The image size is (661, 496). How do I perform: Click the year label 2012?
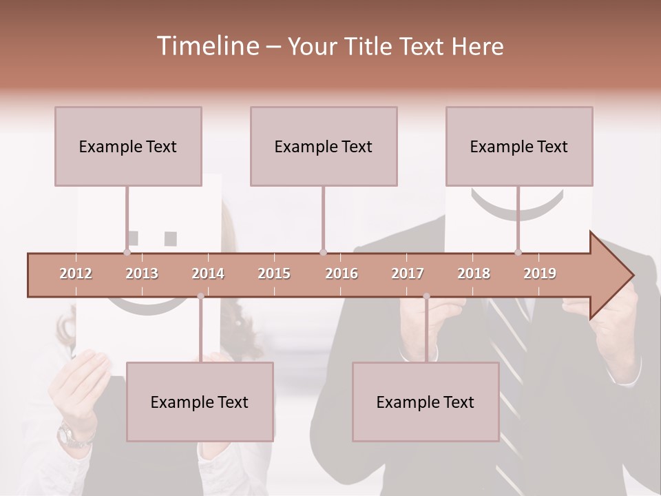(76, 273)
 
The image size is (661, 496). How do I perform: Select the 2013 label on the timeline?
(142, 273)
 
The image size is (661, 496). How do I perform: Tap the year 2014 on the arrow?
(208, 273)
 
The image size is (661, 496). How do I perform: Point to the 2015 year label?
(274, 273)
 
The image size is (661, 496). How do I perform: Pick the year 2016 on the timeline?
(342, 273)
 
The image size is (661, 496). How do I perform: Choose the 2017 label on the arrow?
(408, 273)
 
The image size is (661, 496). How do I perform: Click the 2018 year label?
(474, 273)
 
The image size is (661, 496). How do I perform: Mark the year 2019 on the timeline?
(540, 273)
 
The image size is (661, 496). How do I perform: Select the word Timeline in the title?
(207, 46)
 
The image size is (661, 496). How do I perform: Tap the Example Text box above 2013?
(128, 146)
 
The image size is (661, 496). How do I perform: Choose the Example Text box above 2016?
(324, 146)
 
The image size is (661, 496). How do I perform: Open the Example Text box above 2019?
(519, 146)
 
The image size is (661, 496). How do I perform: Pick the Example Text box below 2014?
(200, 402)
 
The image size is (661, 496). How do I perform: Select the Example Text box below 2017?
(426, 402)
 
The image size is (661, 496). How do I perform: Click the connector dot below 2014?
(200, 296)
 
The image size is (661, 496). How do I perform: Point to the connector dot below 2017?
(426, 296)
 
